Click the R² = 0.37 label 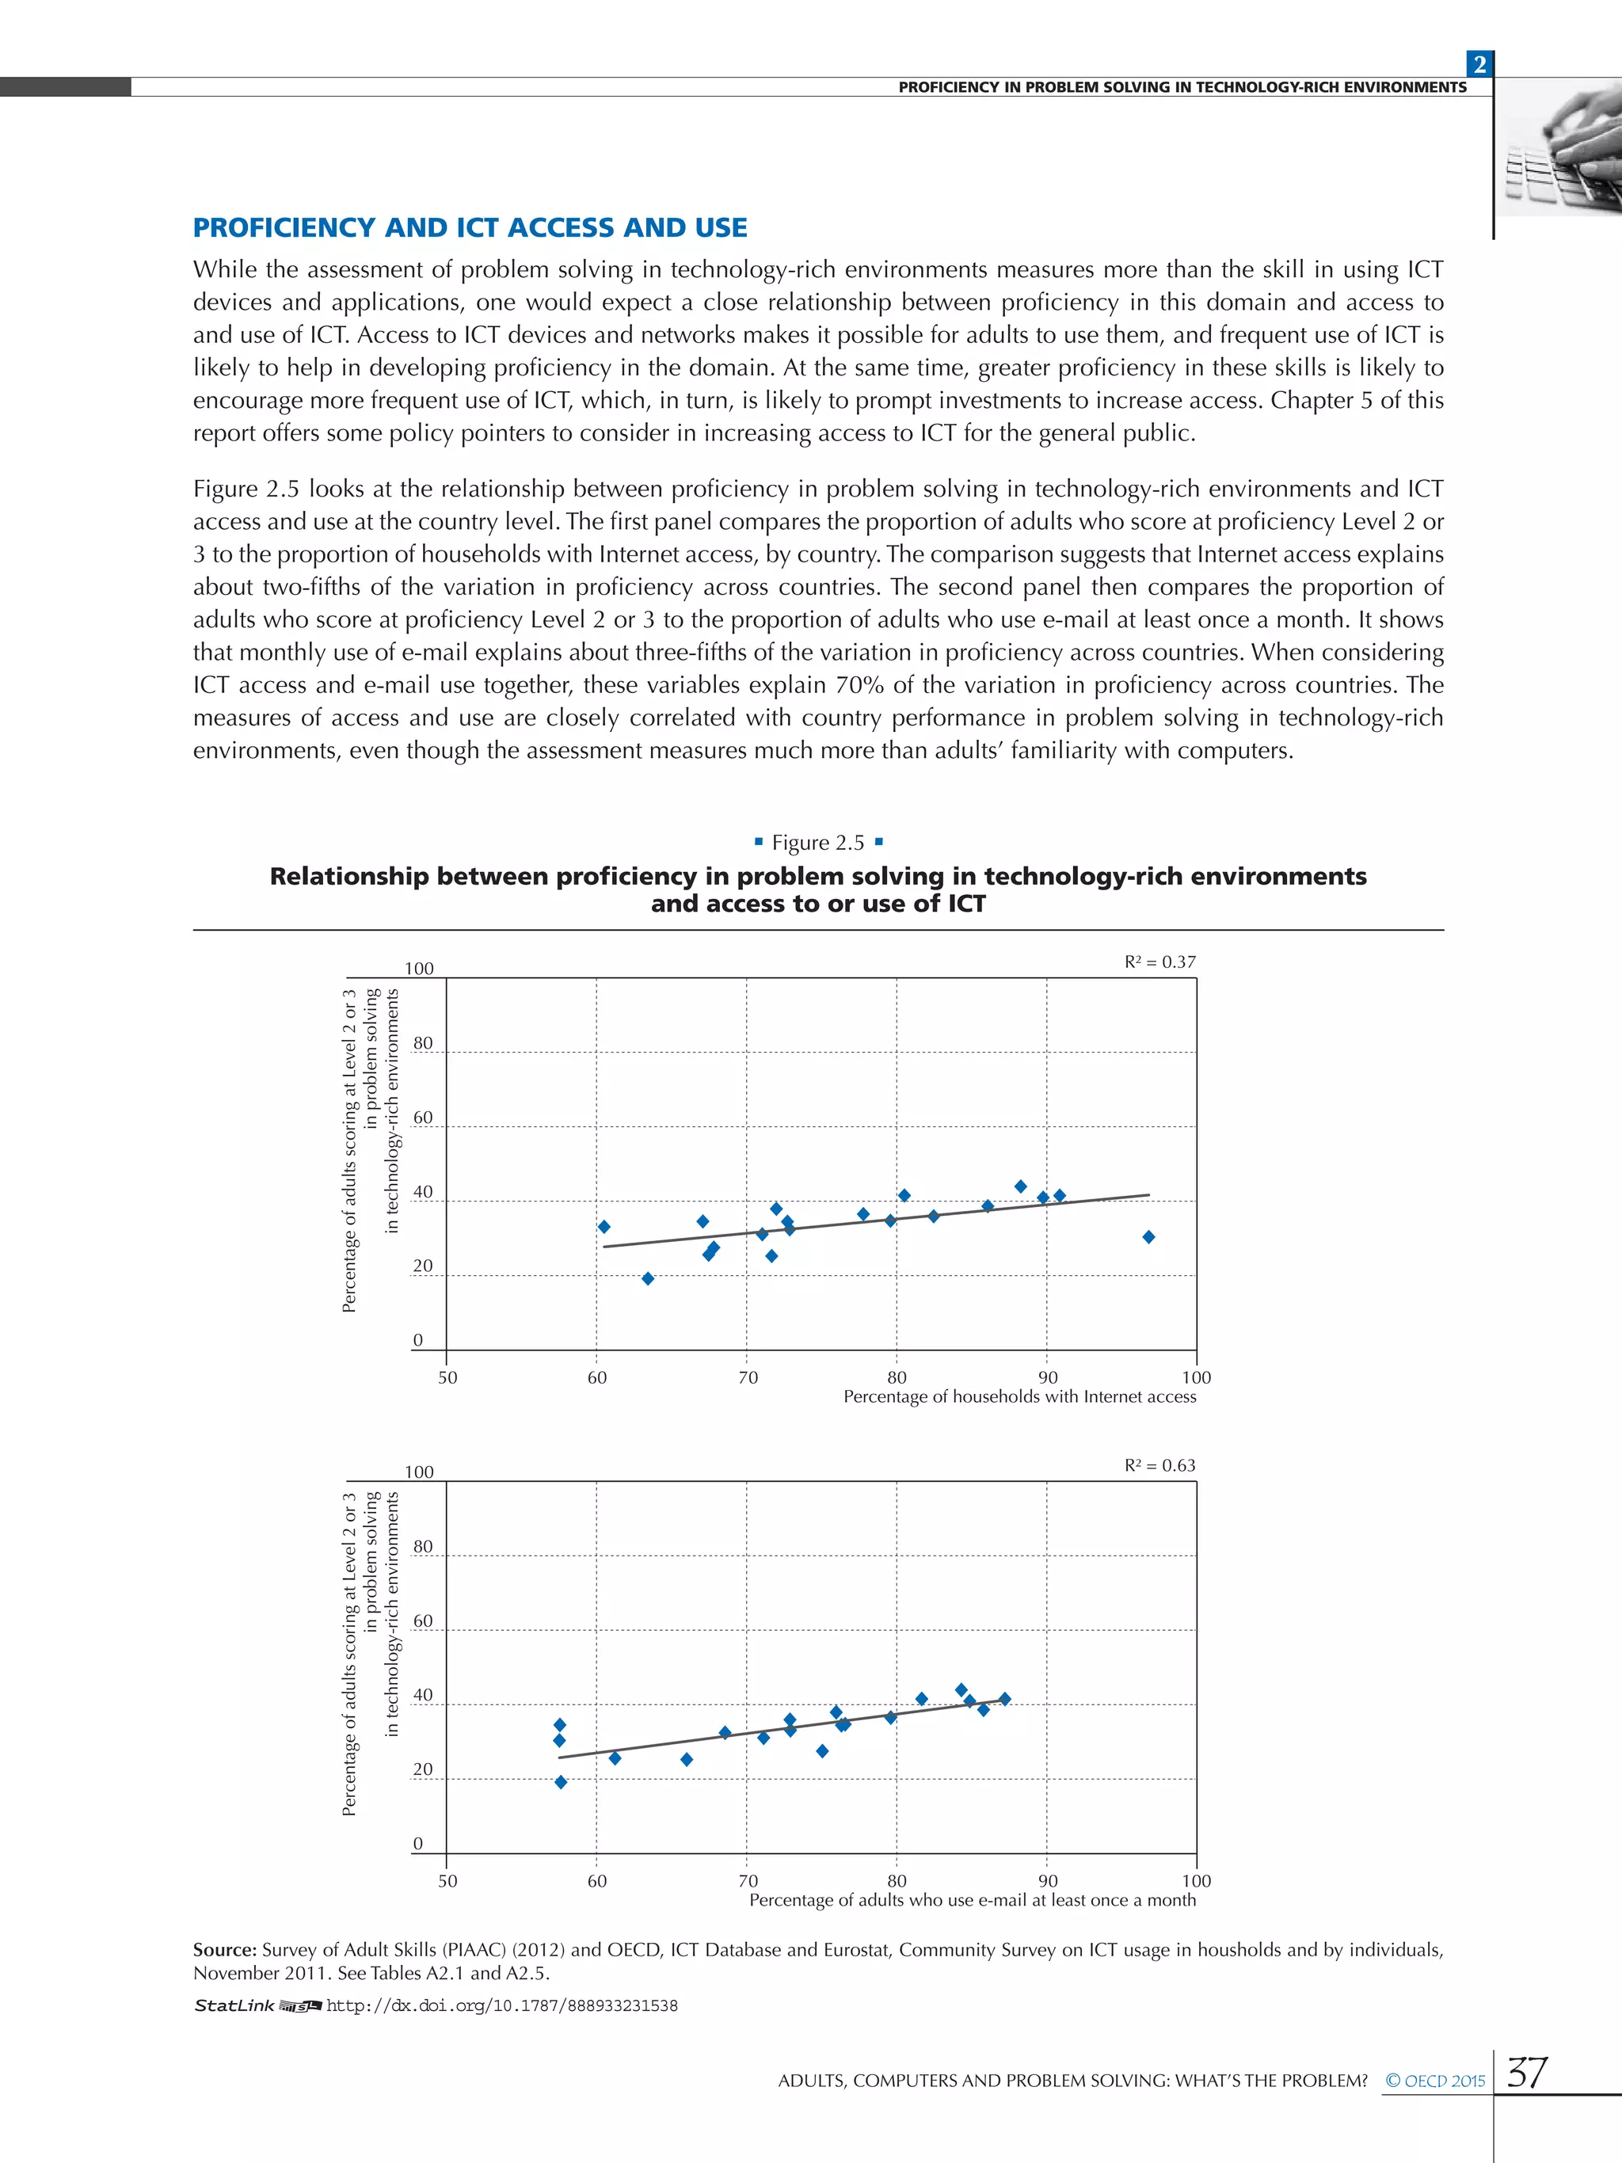pos(1159,962)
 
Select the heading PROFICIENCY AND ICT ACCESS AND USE pos(470,228)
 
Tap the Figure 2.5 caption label pos(818,843)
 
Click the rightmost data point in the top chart pos(1149,1237)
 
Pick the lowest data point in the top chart pos(647,1279)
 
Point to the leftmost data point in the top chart pos(604,1227)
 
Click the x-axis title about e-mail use pos(972,1900)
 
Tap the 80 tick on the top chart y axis pos(422,1043)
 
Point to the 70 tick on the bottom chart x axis pos(747,1880)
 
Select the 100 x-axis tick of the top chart pos(1196,1378)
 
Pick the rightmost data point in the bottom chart pos(1005,1700)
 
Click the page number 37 pos(1527,2072)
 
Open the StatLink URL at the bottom pos(501,2005)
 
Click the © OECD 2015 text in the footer pos(1434,2081)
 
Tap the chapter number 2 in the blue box pos(1479,64)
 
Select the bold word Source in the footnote pos(224,1950)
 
